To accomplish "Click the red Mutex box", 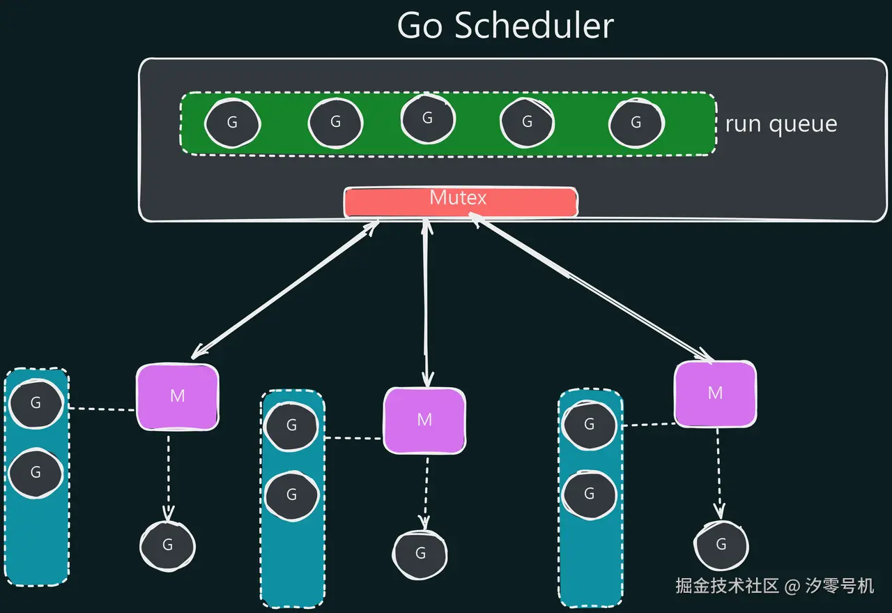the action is tap(461, 202).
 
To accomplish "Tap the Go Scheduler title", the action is tap(505, 26).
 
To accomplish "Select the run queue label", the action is tap(781, 124).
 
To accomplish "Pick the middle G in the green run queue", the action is tap(428, 119).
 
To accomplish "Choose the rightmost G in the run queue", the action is tap(636, 123).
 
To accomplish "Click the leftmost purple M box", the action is tap(178, 397).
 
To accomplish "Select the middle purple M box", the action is tap(424, 421).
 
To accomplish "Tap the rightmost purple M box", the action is tap(716, 394).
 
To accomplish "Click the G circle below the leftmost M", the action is tap(168, 545).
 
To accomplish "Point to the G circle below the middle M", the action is tap(420, 554).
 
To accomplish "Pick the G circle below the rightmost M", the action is tap(721, 545).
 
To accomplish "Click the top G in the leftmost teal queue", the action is tap(36, 403).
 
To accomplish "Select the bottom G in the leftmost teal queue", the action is tap(36, 473).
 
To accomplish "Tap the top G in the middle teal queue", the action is tap(292, 425).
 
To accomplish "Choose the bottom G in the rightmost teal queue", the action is tap(590, 494).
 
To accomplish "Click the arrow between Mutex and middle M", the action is tap(427, 303).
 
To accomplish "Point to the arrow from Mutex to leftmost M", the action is tap(285, 289).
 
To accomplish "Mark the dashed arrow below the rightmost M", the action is tap(718, 474).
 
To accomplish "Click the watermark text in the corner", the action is tap(774, 586).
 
